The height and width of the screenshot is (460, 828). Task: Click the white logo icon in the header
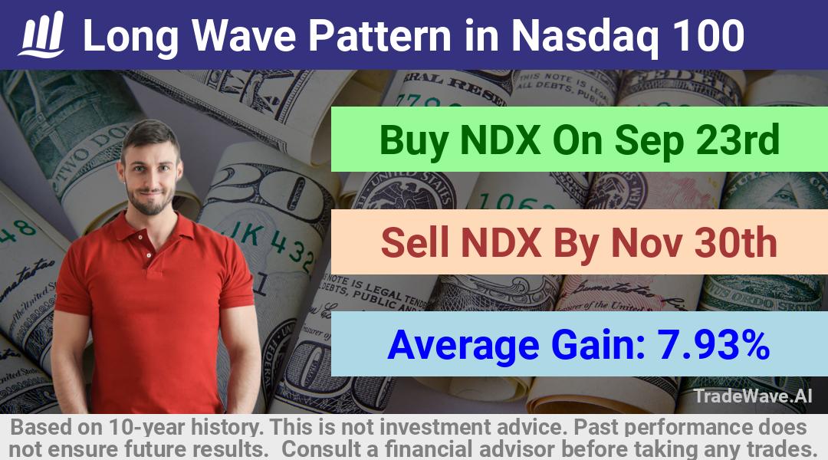point(41,34)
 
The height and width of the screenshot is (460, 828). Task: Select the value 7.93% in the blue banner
point(713,344)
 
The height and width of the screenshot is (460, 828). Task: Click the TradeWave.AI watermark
point(753,396)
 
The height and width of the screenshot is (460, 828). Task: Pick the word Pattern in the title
point(380,36)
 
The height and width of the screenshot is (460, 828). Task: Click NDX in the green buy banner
point(501,140)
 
